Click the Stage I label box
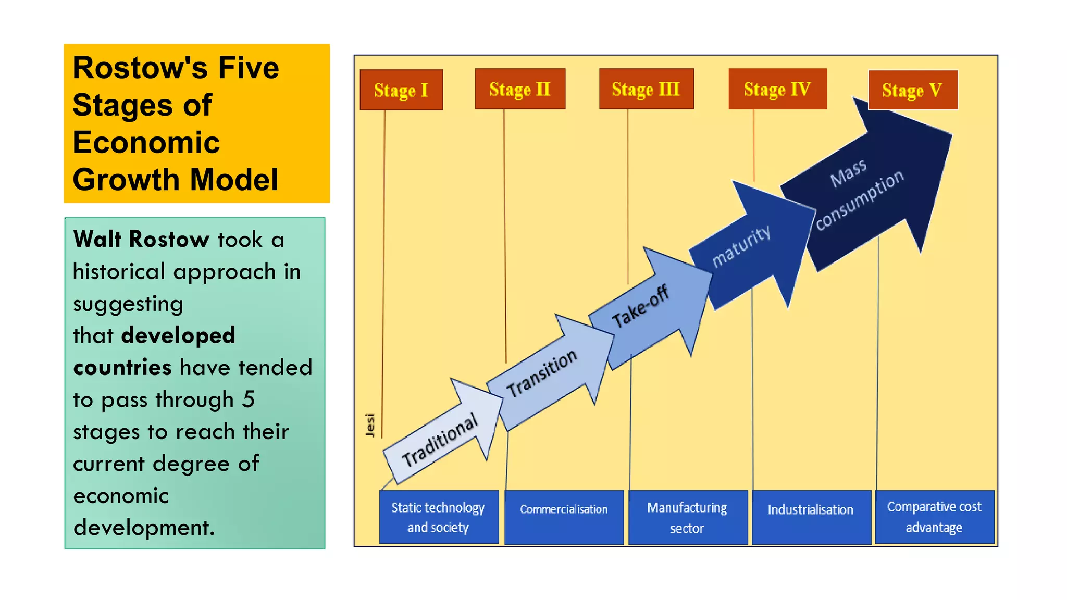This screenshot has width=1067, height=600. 401,90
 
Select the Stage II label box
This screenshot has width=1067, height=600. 520,89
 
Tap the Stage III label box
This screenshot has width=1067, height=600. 646,89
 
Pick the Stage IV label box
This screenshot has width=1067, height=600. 777,89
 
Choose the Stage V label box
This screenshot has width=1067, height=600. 912,90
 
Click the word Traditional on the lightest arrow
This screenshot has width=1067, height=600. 440,441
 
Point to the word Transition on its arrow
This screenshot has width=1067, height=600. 542,373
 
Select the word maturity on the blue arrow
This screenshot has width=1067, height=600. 741,246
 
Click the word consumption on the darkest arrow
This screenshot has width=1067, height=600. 860,199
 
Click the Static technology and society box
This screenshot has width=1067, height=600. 439,517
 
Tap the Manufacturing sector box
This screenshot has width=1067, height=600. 687,517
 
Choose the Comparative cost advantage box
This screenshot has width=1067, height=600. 934,517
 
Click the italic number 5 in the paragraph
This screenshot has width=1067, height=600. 249,399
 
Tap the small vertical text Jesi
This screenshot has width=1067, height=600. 370,426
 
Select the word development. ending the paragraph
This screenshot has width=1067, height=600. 144,528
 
